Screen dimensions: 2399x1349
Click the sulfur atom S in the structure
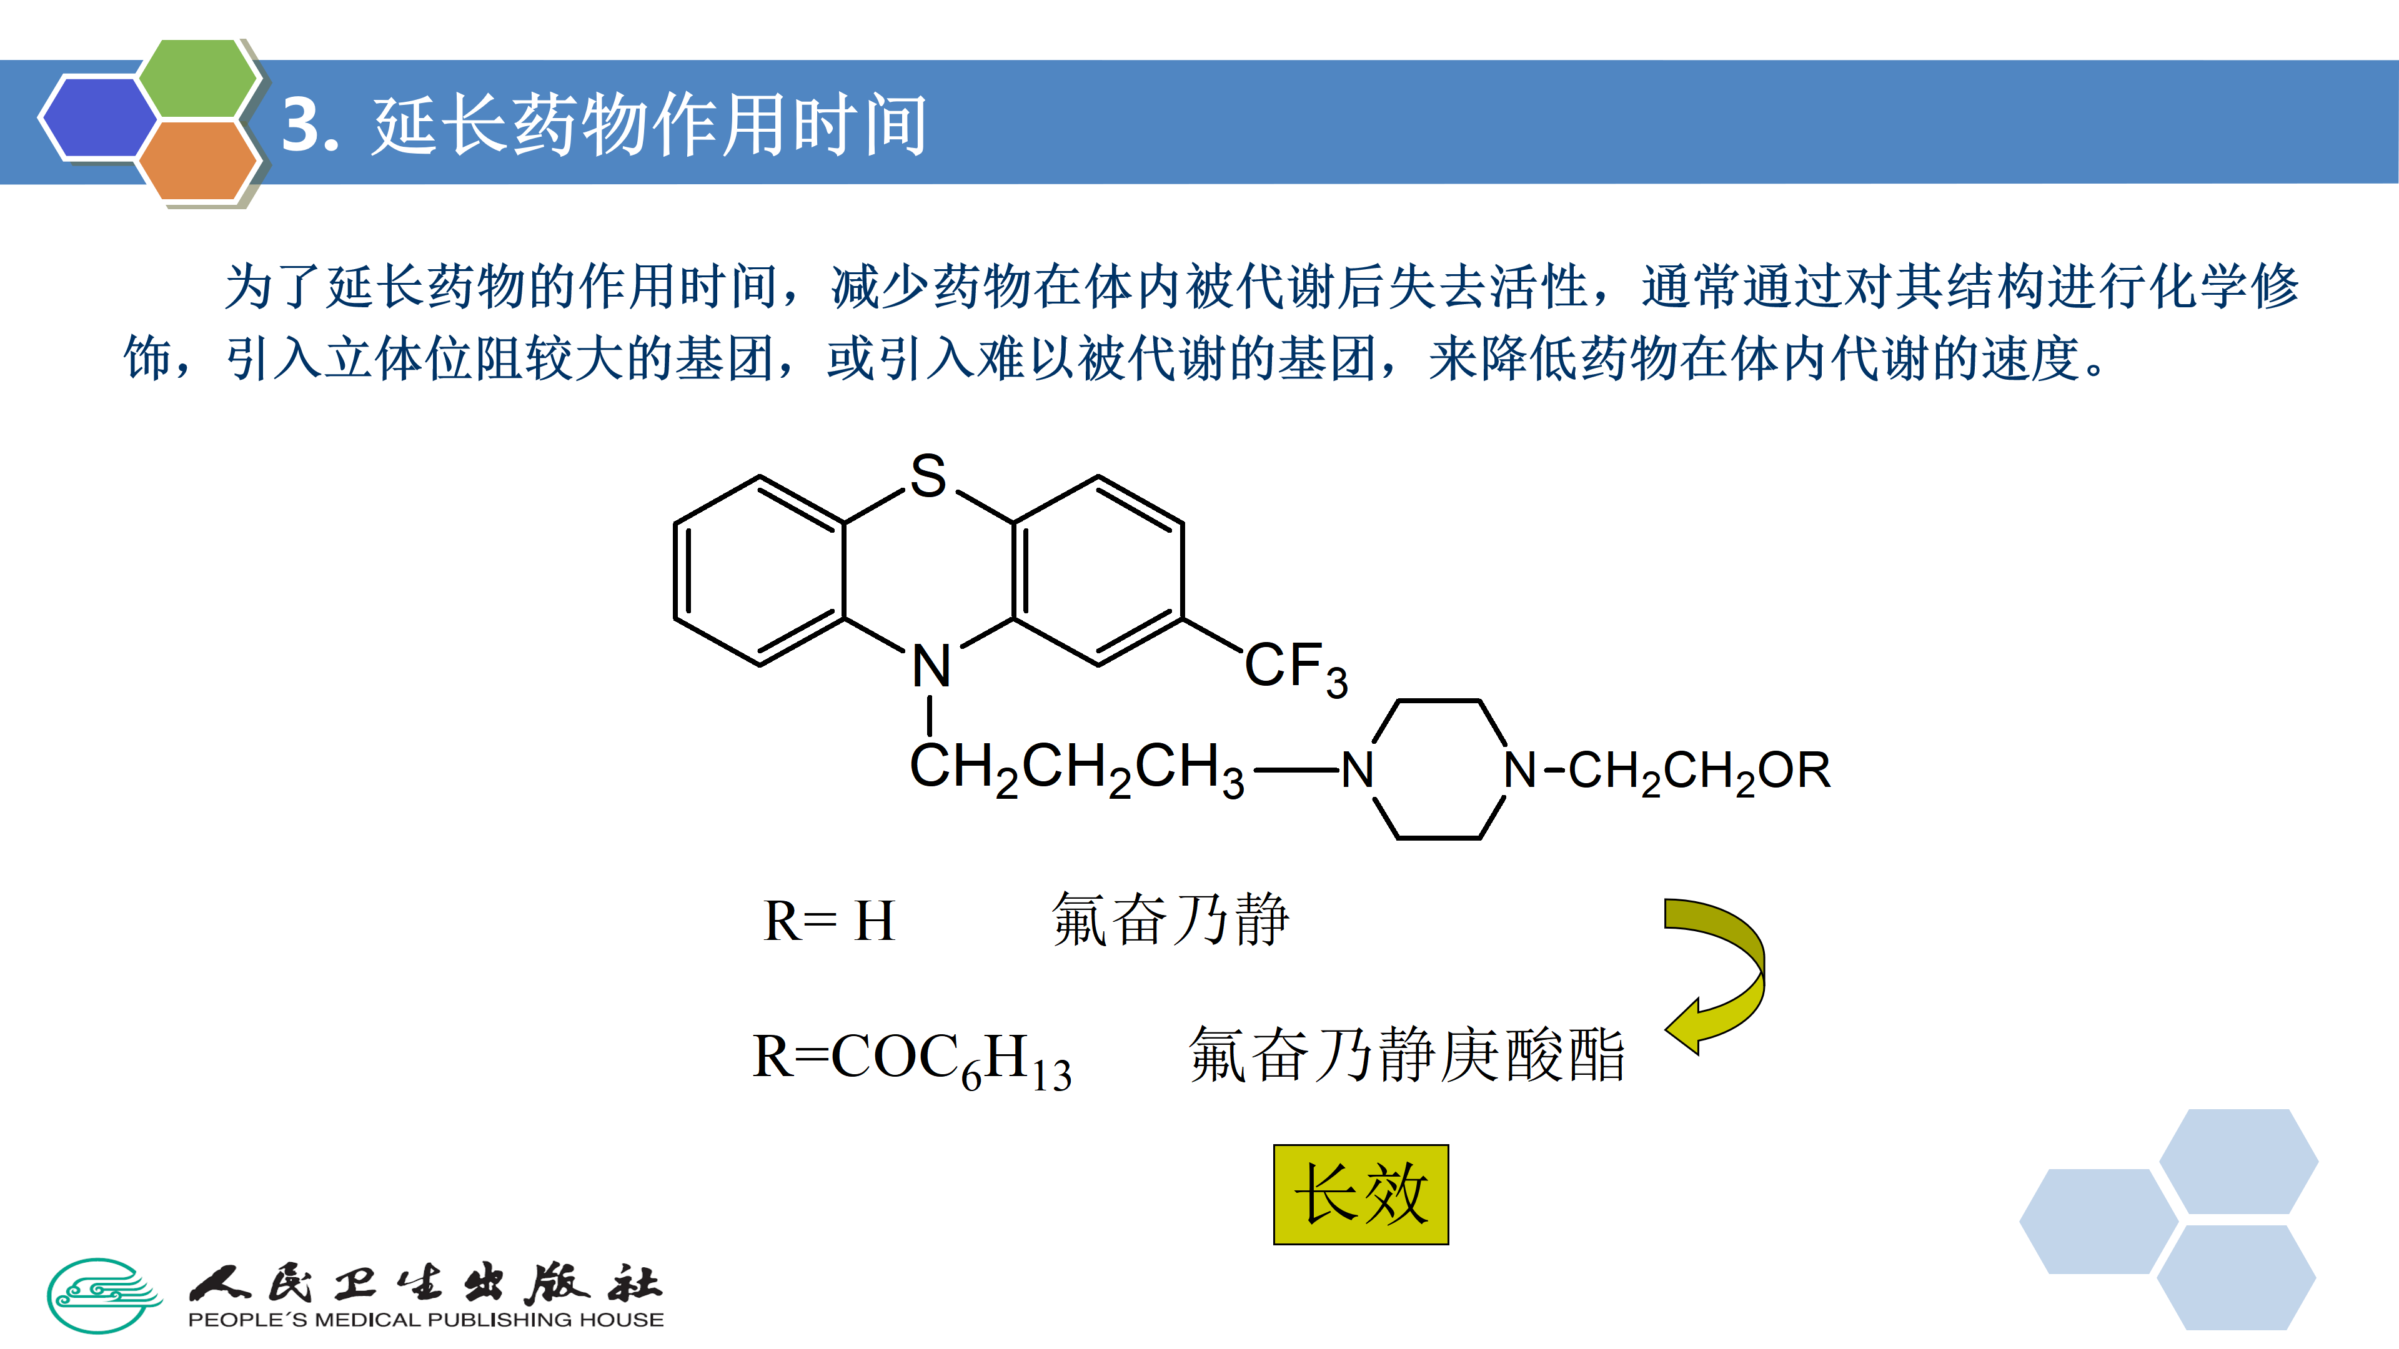click(928, 476)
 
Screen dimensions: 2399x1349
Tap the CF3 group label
click(1294, 668)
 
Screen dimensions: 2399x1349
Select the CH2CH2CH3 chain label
click(1076, 769)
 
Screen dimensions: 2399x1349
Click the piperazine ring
click(1439, 770)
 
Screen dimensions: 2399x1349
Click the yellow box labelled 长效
click(1361, 1195)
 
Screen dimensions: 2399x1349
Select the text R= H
click(829, 922)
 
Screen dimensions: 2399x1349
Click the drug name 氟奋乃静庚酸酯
click(1406, 1057)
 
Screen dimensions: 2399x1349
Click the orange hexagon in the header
click(197, 160)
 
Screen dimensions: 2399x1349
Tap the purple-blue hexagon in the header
click(98, 118)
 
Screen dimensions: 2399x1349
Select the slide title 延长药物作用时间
click(650, 125)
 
